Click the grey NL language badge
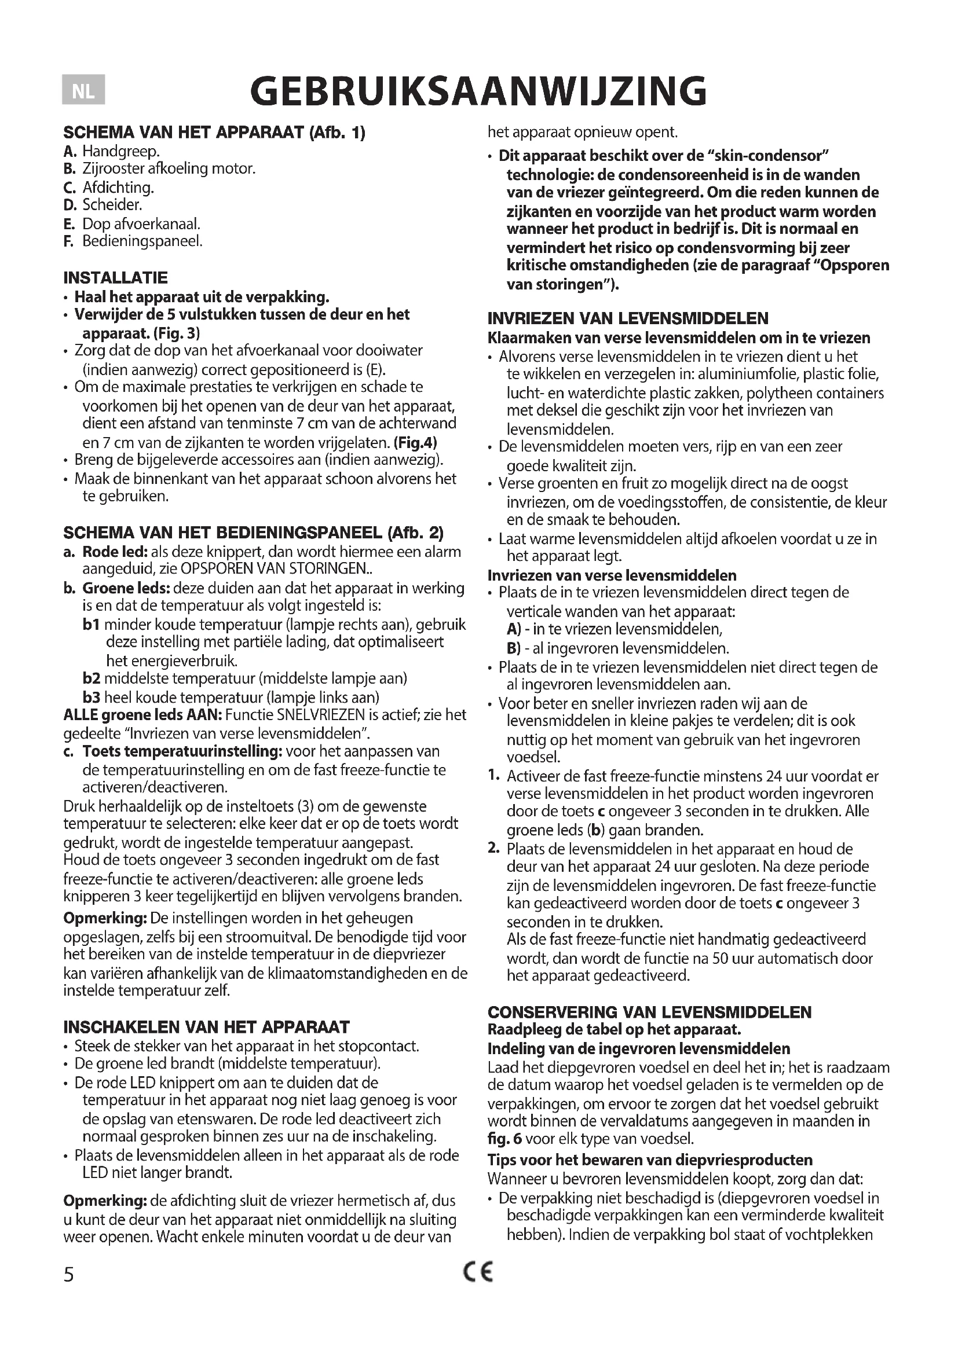83,91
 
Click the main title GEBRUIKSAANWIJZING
478,91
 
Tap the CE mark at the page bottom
478,1273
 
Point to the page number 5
69,1275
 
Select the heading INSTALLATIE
116,278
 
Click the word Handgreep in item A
120,152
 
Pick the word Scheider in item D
112,206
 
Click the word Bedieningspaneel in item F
142,241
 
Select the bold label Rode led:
115,552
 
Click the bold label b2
92,678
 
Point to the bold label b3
92,698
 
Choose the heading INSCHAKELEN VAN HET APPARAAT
206,1028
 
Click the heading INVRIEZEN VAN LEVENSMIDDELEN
628,318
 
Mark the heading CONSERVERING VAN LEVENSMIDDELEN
649,1012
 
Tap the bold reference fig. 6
504,1139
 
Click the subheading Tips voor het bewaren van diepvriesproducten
650,1160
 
